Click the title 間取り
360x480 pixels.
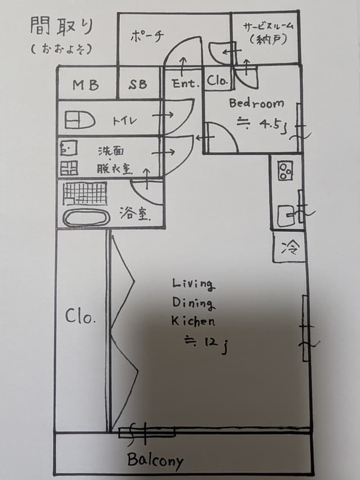click(61, 26)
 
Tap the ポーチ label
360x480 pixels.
click(147, 37)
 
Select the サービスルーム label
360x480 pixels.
click(268, 26)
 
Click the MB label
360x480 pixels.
click(85, 85)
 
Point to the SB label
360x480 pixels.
click(138, 84)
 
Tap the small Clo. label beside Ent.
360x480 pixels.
click(217, 80)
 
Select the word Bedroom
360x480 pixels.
click(256, 103)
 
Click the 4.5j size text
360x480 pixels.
click(273, 125)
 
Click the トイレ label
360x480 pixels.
click(124, 121)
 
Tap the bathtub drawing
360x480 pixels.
click(86, 217)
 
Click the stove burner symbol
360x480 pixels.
click(285, 171)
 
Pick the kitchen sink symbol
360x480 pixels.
click(286, 216)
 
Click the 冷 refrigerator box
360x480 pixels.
click(289, 246)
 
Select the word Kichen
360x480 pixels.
click(193, 321)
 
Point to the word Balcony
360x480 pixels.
click(155, 460)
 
